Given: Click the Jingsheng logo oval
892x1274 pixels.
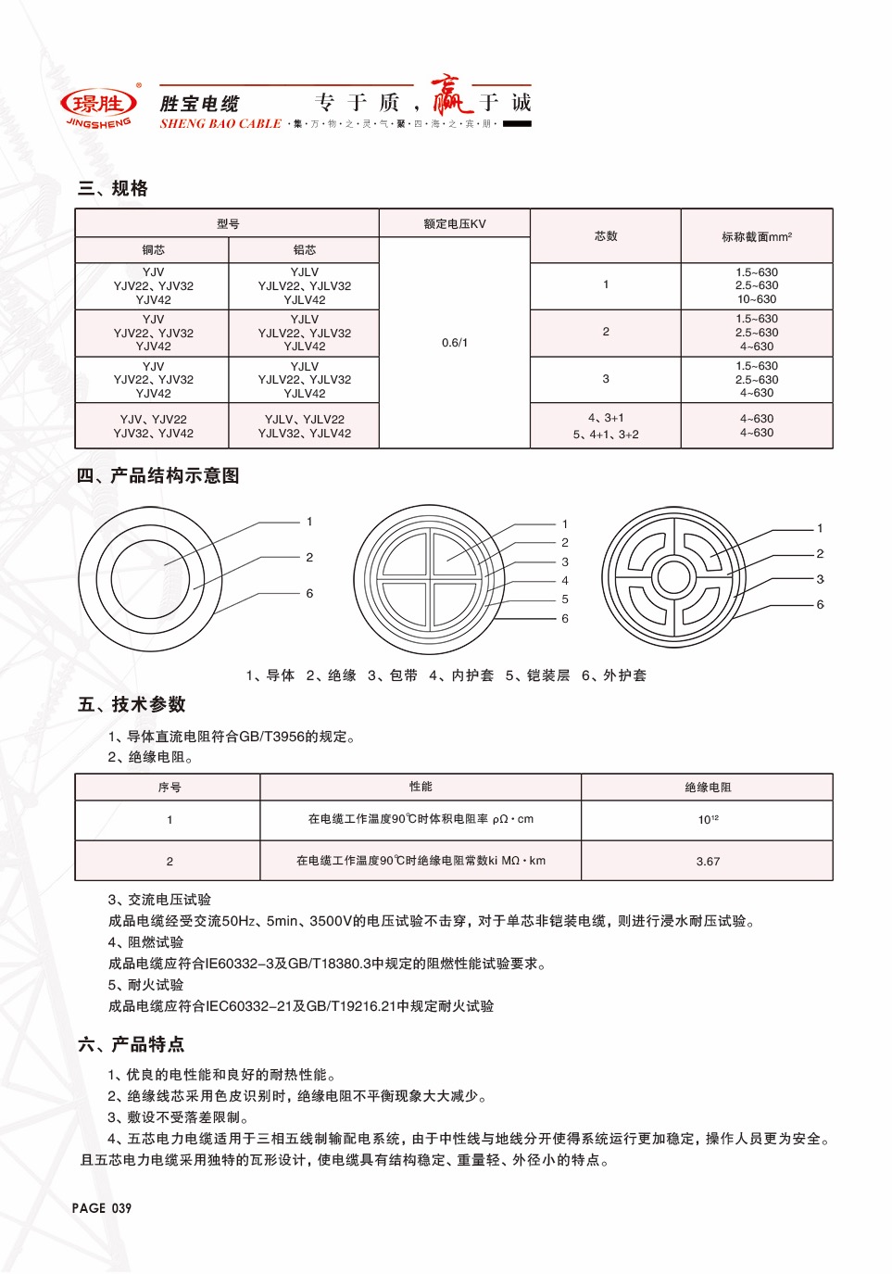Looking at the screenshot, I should coord(98,103).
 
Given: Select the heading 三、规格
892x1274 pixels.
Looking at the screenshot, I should coord(113,188).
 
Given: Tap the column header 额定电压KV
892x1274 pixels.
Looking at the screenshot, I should coord(454,223).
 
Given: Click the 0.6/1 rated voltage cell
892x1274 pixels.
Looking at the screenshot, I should coord(454,343).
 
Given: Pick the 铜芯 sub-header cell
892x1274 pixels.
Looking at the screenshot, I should coord(153,250).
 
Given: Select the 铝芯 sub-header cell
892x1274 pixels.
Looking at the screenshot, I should coord(304,250).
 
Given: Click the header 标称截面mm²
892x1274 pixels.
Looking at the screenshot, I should coord(756,236).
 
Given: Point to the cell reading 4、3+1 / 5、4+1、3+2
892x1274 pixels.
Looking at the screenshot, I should coord(605,426).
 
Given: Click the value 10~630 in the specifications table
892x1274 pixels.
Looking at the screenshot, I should coord(756,299).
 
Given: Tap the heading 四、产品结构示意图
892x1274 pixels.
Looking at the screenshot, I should coord(157,475).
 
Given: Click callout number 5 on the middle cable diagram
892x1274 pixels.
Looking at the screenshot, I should coord(565,599).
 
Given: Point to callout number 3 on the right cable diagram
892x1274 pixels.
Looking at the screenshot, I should coord(820,579).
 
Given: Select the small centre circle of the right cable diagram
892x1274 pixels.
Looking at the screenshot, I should coord(673,576).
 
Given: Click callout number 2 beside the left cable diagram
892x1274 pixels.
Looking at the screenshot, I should coord(309,557).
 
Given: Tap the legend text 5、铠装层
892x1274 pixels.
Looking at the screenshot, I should coord(537,675).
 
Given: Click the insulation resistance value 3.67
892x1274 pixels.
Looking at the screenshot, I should coord(708,861).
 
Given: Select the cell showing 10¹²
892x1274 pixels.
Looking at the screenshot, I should coord(708,820).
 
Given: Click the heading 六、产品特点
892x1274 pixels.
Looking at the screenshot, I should coord(131,1044).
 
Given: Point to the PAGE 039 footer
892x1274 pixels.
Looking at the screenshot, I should coord(102,1208).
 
